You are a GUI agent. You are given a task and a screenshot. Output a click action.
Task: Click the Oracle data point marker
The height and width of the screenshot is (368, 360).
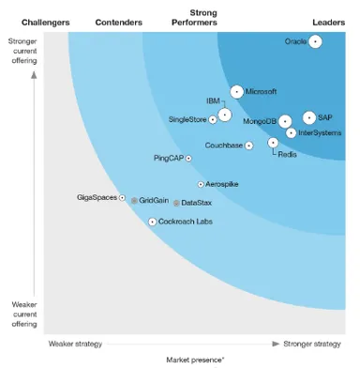coord(316,41)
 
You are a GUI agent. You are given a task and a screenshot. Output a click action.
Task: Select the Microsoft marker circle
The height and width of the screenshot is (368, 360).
coord(236,92)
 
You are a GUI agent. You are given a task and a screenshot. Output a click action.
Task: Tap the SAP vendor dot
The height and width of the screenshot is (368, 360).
coord(309,117)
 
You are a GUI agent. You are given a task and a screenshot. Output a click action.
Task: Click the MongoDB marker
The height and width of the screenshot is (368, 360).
coord(286,122)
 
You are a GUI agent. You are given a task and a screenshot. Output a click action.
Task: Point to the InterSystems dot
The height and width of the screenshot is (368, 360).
coord(292,133)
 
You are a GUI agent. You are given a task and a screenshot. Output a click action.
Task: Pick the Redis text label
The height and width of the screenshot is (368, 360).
coord(288,154)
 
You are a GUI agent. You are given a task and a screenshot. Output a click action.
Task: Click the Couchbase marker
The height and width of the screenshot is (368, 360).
coord(249,146)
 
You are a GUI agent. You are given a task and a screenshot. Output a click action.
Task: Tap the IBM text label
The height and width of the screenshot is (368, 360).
coord(214,100)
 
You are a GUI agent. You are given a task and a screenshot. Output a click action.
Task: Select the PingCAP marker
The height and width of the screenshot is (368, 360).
coord(188,159)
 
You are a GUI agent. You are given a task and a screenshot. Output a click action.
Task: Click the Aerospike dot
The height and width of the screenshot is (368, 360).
coord(201,184)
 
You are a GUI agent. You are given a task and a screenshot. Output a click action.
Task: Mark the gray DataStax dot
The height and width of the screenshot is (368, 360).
coord(176,203)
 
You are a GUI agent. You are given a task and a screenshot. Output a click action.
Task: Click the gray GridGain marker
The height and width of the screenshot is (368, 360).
coord(134,201)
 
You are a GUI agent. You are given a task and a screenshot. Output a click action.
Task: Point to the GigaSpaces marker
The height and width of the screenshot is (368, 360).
coord(123,198)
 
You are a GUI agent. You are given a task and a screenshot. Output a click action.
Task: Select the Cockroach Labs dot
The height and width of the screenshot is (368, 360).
coord(152,222)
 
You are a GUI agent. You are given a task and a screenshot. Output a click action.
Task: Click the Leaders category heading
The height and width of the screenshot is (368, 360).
coord(328,21)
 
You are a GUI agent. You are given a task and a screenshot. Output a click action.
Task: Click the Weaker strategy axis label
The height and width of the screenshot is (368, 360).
coord(75,344)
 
